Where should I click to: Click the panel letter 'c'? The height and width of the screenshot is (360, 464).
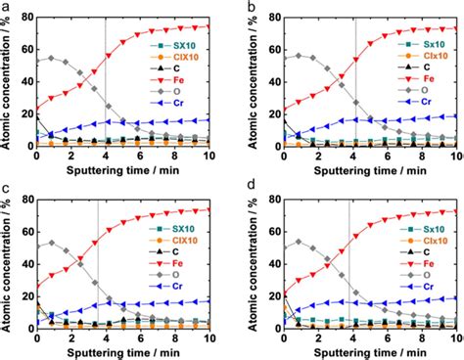pos(7,188)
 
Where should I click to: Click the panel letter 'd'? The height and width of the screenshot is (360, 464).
pos(251,188)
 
